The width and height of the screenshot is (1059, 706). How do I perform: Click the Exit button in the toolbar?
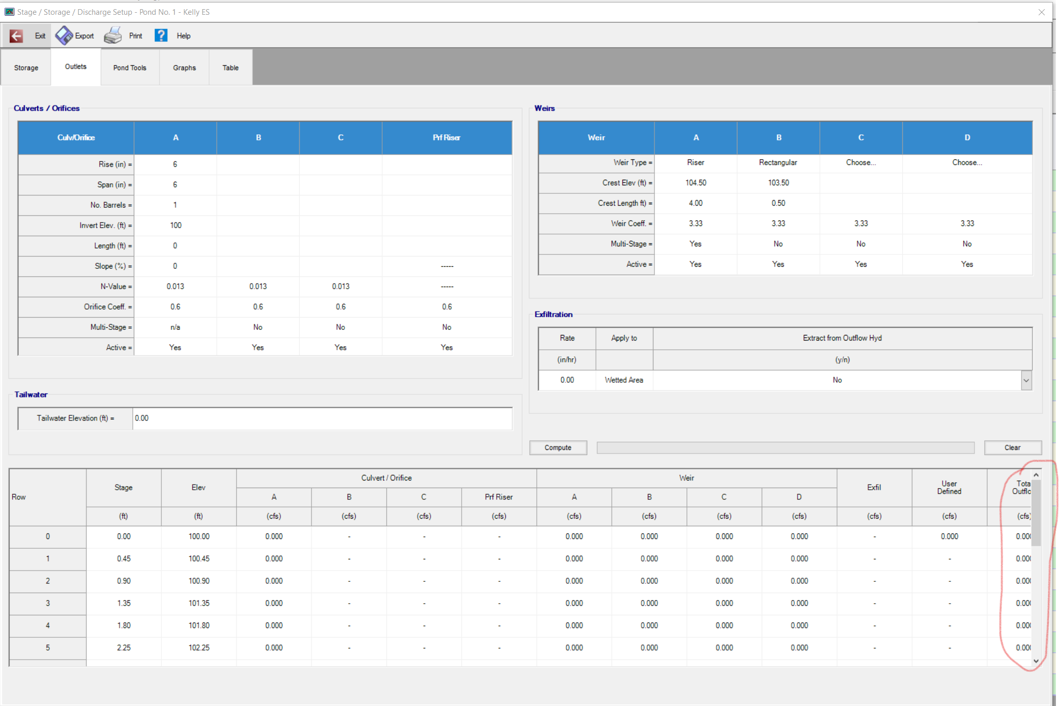(27, 36)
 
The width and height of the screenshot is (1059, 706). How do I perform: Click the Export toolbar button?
(75, 36)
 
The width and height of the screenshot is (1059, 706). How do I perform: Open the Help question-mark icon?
(161, 36)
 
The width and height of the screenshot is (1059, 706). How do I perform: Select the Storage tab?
(26, 68)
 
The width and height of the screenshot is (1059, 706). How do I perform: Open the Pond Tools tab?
(130, 68)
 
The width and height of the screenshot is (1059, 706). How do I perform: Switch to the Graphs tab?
(184, 68)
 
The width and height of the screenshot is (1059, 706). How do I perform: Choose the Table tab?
(231, 68)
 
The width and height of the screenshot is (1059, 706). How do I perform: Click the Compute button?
(558, 447)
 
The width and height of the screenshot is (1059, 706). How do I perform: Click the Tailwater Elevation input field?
(322, 418)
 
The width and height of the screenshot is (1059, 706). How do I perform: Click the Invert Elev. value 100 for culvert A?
(176, 225)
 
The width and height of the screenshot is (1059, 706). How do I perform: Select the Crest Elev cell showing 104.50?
(696, 183)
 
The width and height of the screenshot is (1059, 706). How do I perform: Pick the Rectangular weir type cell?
(778, 162)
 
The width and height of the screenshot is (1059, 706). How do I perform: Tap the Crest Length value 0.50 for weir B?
(778, 203)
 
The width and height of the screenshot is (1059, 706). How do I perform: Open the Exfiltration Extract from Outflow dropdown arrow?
(1026, 380)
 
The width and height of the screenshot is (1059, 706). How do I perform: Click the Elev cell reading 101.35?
(199, 603)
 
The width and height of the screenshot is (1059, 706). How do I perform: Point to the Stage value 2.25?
(124, 648)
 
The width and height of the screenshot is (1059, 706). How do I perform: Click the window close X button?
(1042, 12)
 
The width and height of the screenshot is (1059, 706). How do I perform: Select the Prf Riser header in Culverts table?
(447, 137)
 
